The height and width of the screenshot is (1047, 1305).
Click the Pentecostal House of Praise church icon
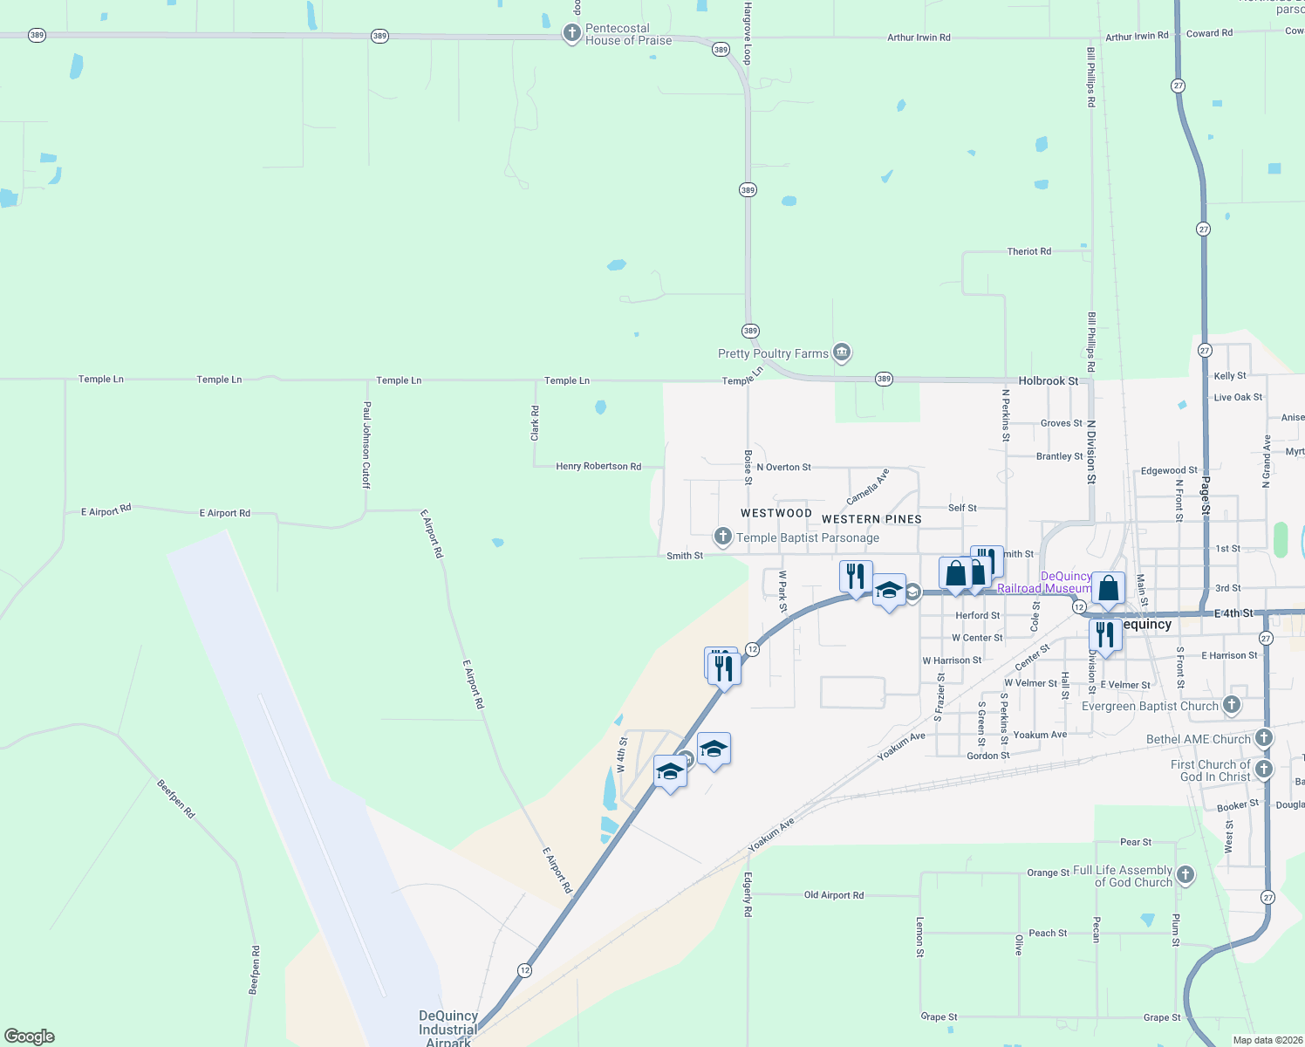pyautogui.click(x=571, y=34)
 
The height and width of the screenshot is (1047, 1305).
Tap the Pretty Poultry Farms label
pyautogui.click(x=773, y=353)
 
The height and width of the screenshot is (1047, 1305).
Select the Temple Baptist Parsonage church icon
pyautogui.click(x=722, y=536)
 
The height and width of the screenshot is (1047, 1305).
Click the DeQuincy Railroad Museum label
pyautogui.click(x=1045, y=583)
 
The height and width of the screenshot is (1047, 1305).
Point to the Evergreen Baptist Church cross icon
pyautogui.click(x=1231, y=704)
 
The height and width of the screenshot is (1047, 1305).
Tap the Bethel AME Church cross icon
pyautogui.click(x=1263, y=738)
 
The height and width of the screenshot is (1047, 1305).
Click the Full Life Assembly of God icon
pyautogui.click(x=1185, y=874)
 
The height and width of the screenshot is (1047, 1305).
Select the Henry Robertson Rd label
pyautogui.click(x=598, y=467)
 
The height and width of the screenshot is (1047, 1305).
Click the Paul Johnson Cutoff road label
pyautogui.click(x=367, y=444)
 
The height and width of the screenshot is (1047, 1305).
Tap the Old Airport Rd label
pyautogui.click(x=834, y=895)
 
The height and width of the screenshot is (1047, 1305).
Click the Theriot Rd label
pyautogui.click(x=1029, y=251)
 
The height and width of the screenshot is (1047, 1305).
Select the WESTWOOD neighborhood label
pyautogui.click(x=776, y=513)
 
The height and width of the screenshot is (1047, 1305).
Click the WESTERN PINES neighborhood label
pyautogui.click(x=871, y=519)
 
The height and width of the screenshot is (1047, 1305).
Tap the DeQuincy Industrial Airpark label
pyautogui.click(x=448, y=1029)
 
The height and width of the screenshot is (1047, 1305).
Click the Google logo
pyautogui.click(x=30, y=1037)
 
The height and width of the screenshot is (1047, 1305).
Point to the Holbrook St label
pyautogui.click(x=1049, y=381)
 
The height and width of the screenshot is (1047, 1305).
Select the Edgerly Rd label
pyautogui.click(x=748, y=894)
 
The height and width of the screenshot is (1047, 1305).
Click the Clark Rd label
pyautogui.click(x=536, y=423)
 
